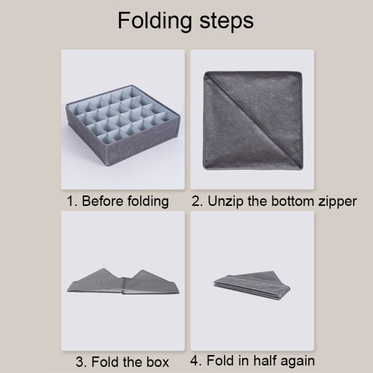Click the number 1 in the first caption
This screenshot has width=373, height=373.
(71, 201)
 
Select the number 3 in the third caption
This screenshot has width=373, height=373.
(80, 361)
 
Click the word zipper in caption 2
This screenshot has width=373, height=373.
(338, 202)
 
